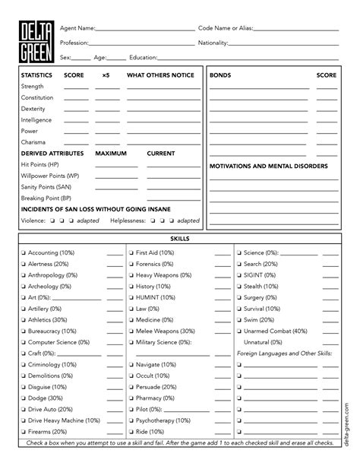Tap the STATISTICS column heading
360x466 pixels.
(36, 76)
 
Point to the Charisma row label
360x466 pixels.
(33, 142)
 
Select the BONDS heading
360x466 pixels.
(221, 76)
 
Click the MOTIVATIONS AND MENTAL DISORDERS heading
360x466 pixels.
(268, 165)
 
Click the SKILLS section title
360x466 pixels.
(180, 239)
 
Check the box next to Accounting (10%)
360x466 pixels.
(24, 252)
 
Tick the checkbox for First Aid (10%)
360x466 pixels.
(131, 252)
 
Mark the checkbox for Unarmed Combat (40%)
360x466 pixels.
(239, 331)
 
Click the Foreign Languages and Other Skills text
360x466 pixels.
(284, 353)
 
